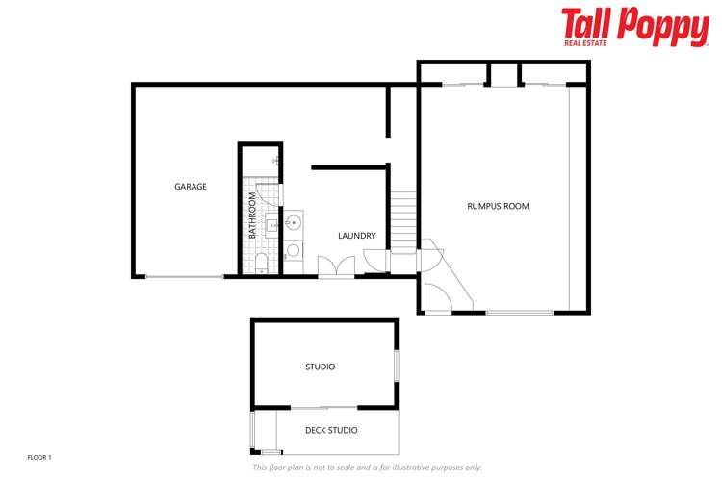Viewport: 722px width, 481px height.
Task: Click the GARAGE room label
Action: click(191, 187)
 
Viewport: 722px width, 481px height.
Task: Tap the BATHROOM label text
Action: click(253, 215)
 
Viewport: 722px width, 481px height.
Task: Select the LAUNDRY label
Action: click(356, 236)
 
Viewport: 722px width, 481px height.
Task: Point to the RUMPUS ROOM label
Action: click(498, 206)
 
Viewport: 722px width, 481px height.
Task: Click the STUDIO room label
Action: click(320, 367)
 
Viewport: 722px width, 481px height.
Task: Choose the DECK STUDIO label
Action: click(331, 431)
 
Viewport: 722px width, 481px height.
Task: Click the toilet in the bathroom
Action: click(262, 263)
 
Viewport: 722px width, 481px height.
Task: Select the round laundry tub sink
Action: click(294, 224)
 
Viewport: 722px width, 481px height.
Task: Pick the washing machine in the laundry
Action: click(294, 251)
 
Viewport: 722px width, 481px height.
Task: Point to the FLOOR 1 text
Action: click(39, 457)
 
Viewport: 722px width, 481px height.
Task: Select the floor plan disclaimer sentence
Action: click(367, 468)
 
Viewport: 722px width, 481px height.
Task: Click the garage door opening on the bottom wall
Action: click(184, 277)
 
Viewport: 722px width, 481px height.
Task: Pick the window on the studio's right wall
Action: click(396, 366)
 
